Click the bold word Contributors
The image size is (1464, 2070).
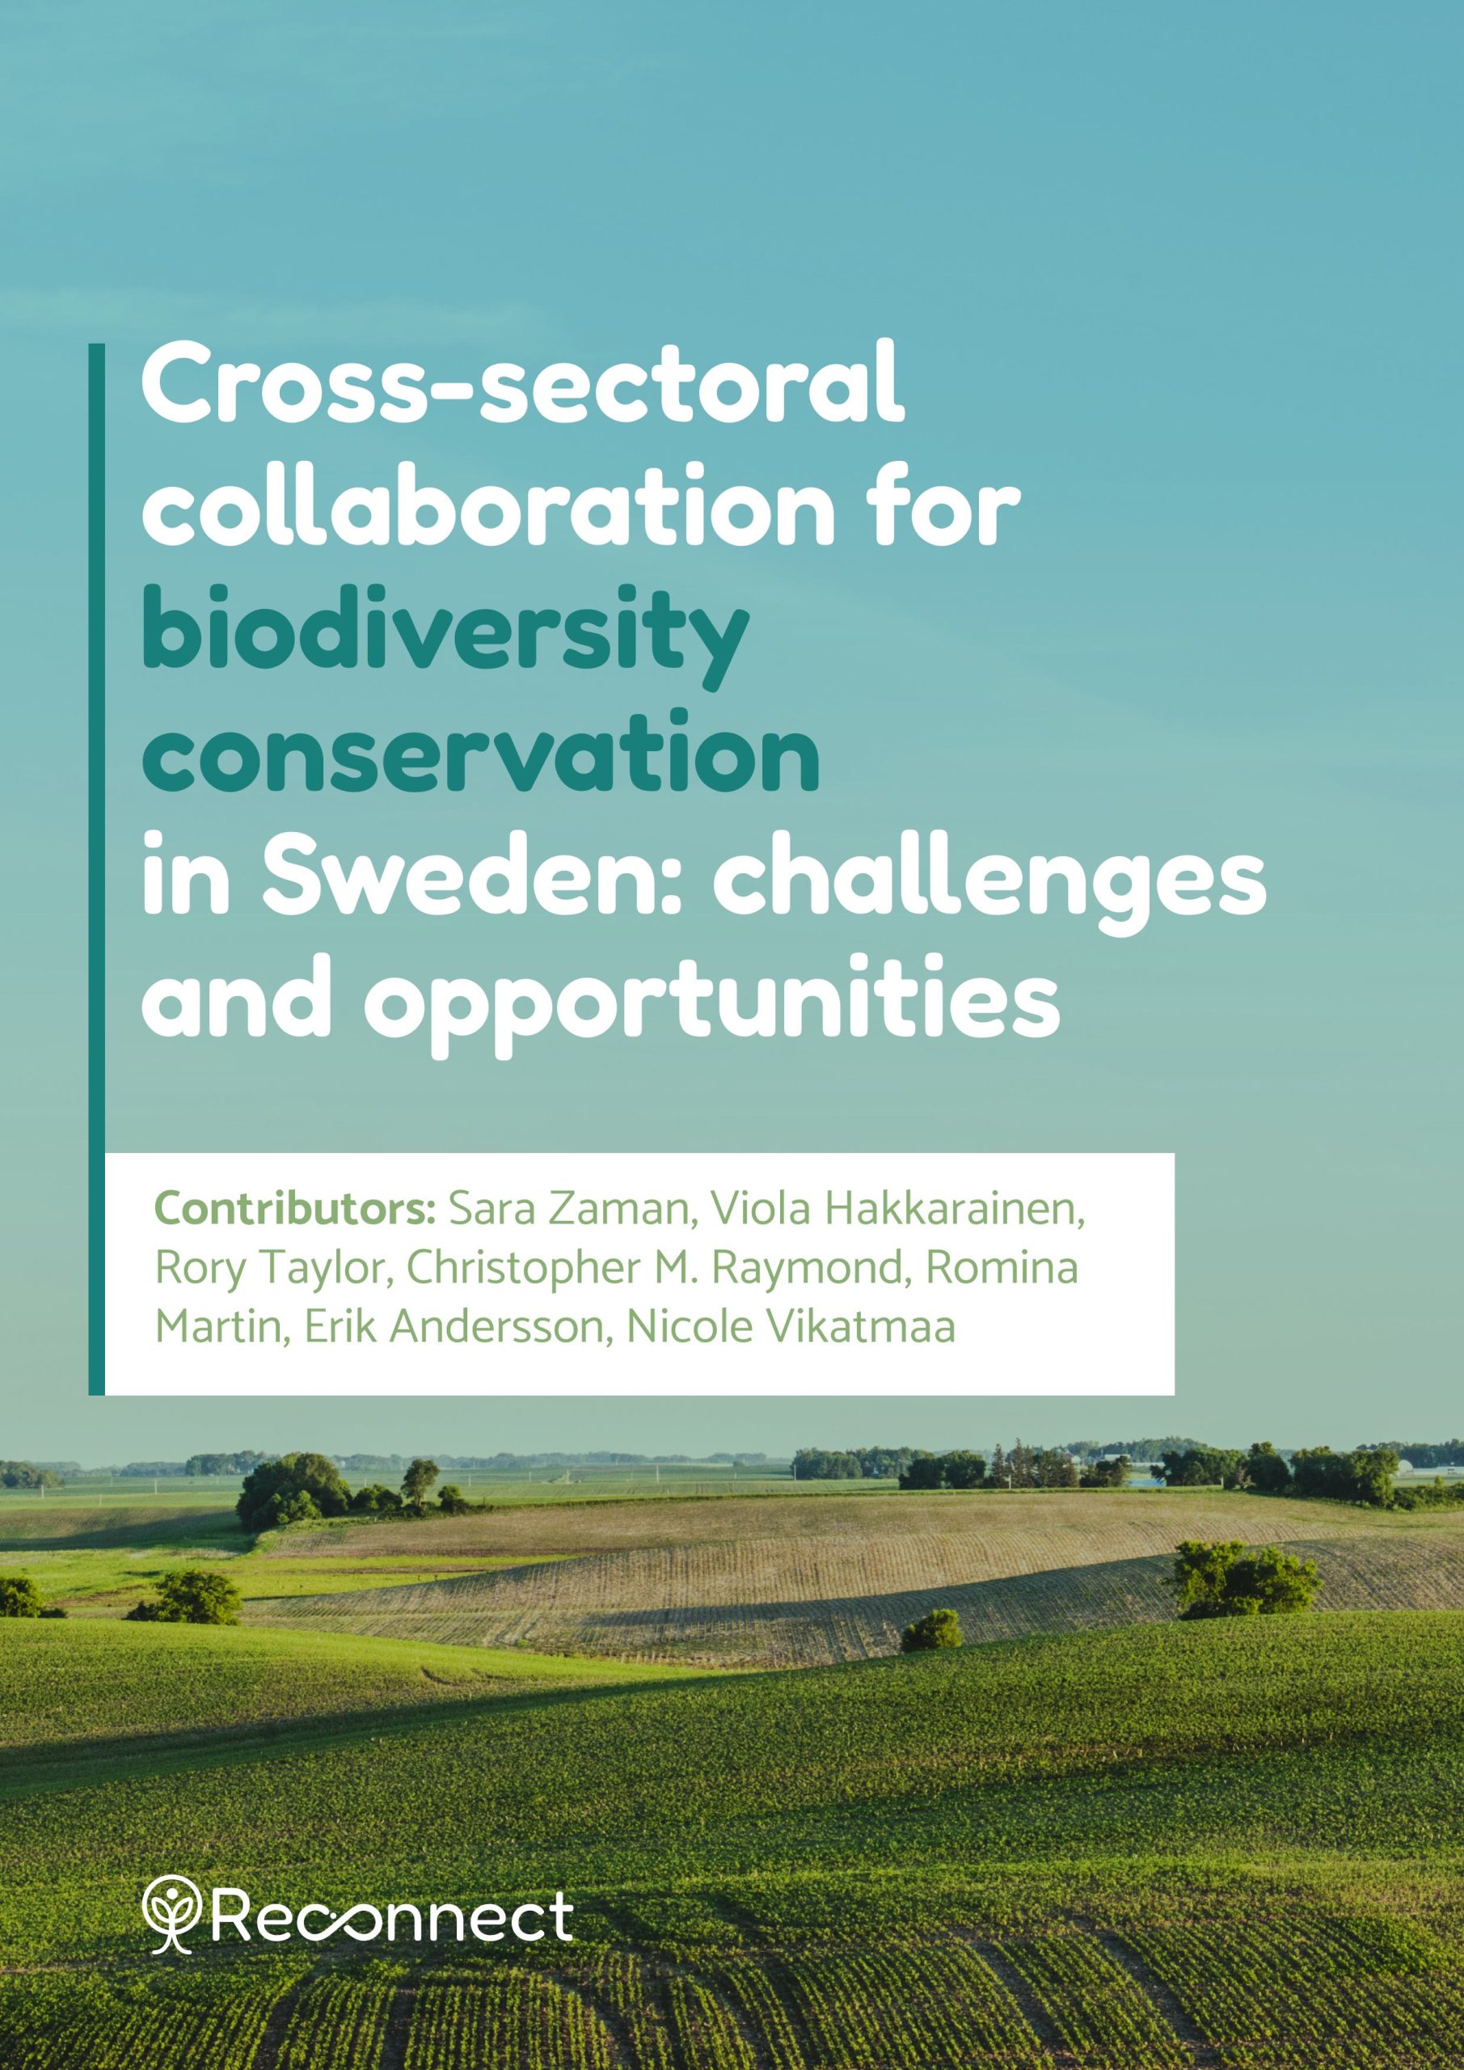coord(296,1210)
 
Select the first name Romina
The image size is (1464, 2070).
coord(1002,1269)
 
